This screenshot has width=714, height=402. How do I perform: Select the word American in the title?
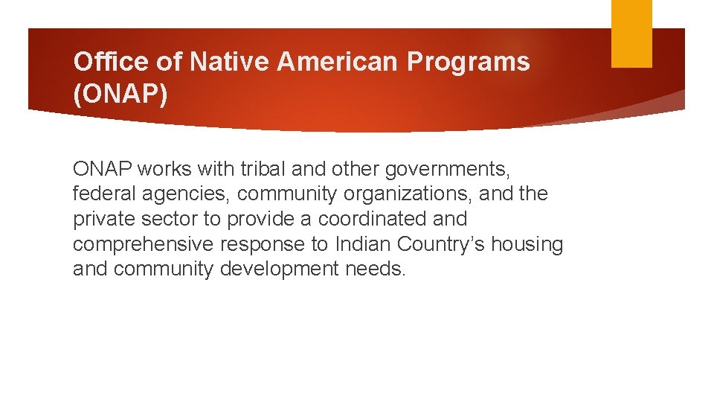tap(338, 62)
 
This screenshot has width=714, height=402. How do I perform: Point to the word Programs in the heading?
tap(469, 62)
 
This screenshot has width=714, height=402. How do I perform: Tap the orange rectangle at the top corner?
tap(631, 33)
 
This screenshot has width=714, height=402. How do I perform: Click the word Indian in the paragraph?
tap(364, 244)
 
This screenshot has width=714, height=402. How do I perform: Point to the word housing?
tap(529, 245)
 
